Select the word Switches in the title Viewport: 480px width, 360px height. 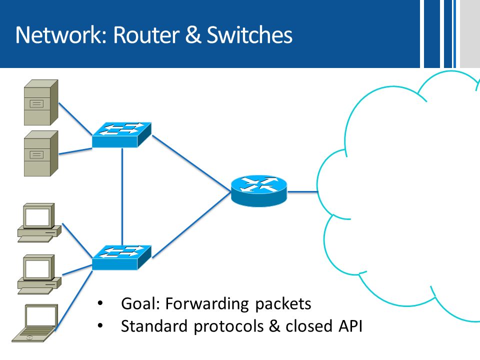click(x=249, y=34)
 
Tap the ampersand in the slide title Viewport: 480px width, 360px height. click(x=193, y=34)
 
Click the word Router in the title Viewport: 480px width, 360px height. click(x=146, y=34)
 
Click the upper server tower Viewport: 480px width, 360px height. click(x=41, y=102)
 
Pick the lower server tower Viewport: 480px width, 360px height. click(x=41, y=153)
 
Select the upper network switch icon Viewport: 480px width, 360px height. click(x=121, y=135)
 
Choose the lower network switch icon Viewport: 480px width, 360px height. click(x=121, y=258)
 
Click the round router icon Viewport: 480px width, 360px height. click(x=259, y=190)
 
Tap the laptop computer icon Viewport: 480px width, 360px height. click(x=35, y=323)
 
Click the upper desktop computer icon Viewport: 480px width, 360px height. click(x=39, y=222)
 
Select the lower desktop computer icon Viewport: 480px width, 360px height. click(x=39, y=274)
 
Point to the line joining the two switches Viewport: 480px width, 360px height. click(x=122, y=196)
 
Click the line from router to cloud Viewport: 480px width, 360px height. click(x=303, y=192)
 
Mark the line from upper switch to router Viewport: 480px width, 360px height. click(x=191, y=163)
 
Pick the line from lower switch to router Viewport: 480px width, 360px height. click(x=191, y=224)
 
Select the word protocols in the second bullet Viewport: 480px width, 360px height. click(x=228, y=326)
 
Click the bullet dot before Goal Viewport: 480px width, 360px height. click(x=100, y=303)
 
